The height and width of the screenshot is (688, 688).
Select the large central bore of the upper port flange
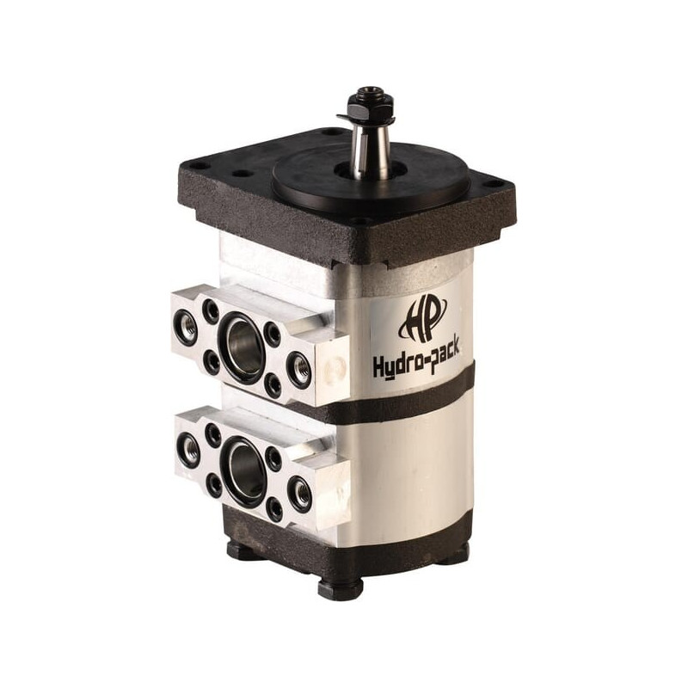[242, 347]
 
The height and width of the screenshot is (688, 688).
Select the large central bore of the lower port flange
[243, 471]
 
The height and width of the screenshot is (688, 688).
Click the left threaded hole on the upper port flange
[186, 326]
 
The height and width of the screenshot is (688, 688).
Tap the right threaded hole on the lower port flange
[301, 494]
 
